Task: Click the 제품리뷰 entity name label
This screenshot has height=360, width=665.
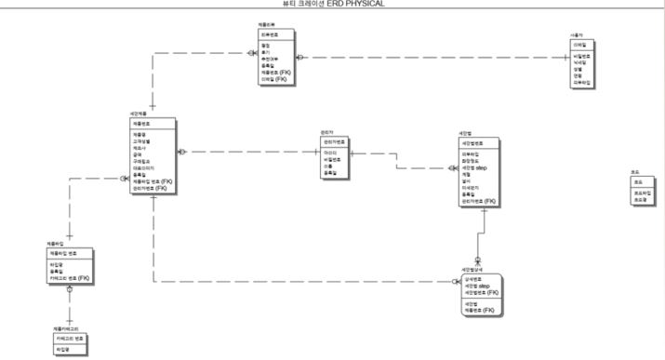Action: (266, 23)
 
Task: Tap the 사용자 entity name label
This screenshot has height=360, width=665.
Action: (577, 35)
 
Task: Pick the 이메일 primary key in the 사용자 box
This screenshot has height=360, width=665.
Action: (579, 44)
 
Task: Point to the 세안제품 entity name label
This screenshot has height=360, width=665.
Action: (138, 113)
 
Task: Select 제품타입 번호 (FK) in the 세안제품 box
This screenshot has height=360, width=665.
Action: (152, 181)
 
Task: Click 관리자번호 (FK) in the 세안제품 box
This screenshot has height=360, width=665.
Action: (150, 188)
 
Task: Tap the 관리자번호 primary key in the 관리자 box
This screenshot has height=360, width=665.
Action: (333, 141)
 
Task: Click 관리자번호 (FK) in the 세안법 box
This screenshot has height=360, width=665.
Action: (478, 200)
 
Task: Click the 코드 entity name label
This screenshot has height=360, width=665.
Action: (635, 173)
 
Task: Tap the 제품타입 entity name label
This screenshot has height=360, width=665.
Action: (54, 244)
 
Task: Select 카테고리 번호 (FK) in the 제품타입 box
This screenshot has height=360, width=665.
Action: (70, 277)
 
